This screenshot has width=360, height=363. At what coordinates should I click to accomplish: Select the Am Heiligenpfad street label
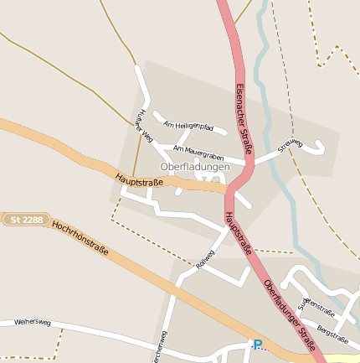(x=188, y=125)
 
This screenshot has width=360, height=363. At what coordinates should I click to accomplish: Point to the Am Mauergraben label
(x=198, y=152)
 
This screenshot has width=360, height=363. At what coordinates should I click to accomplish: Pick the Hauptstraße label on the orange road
(x=139, y=179)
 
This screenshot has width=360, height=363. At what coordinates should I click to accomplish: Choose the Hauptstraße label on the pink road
(x=238, y=232)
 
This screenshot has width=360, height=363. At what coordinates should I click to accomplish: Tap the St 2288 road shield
(x=26, y=220)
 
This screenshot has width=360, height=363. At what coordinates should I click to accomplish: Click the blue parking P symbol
(x=258, y=345)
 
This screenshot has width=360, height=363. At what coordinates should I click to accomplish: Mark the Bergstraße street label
(x=333, y=335)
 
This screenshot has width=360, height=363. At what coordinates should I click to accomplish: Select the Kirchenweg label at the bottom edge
(x=158, y=351)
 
